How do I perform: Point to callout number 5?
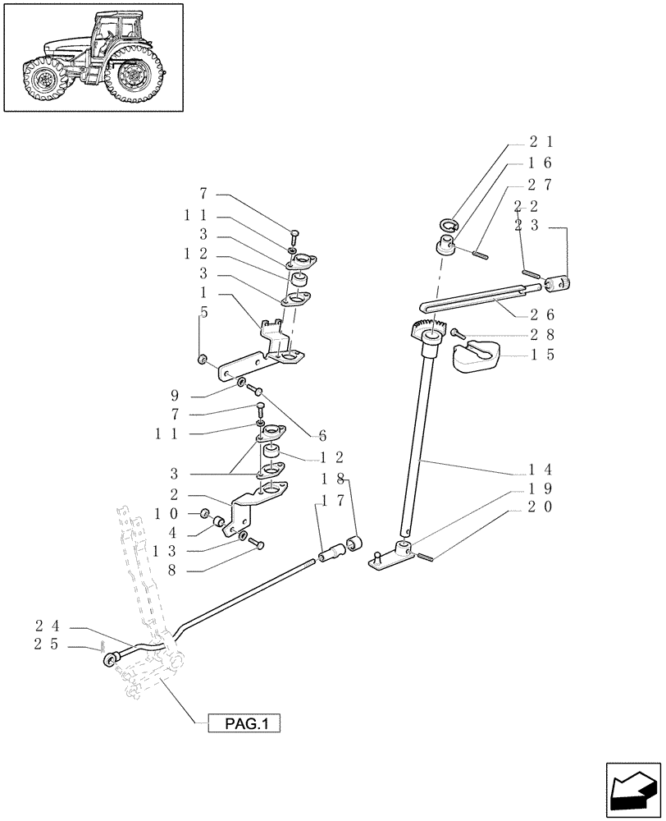[203, 312]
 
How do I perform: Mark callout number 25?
[45, 647]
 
